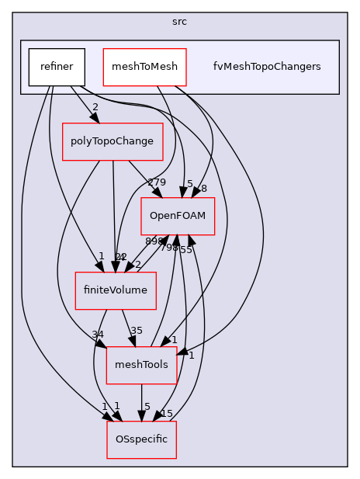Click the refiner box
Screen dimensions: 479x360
tap(57, 67)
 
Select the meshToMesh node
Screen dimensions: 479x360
tap(145, 67)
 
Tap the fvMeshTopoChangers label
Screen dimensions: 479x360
tap(267, 67)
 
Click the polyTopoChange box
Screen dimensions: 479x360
tap(112, 141)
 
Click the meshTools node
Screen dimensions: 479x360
tap(141, 365)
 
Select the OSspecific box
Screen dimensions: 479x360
tap(141, 439)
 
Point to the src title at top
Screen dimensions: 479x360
tap(179, 21)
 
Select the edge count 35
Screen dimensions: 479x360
tap(136, 330)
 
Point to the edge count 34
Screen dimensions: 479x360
tap(99, 335)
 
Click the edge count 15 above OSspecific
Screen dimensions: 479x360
tap(166, 413)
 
